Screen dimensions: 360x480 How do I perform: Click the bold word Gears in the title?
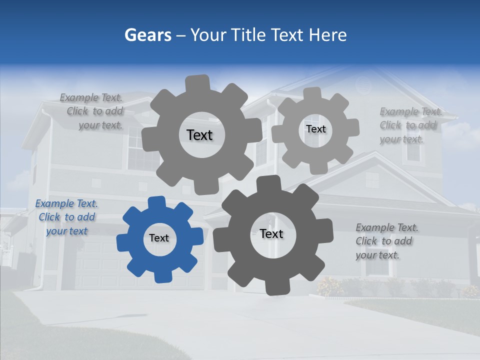[147, 35]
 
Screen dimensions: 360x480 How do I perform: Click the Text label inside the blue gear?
[159, 238]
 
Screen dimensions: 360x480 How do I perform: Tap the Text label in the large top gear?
[199, 135]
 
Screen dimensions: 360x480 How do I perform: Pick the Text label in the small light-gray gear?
[315, 129]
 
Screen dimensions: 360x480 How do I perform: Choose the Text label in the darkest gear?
[271, 234]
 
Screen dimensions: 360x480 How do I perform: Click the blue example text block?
[66, 217]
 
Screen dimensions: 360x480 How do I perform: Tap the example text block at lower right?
[386, 241]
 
